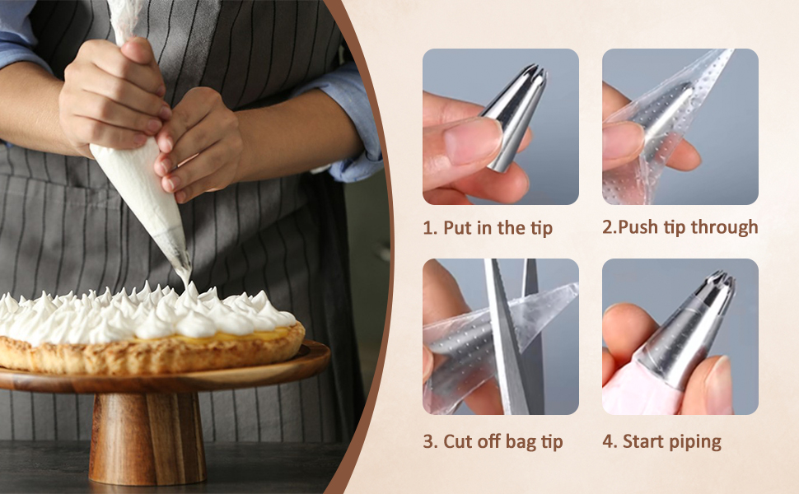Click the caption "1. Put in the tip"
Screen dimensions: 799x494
488,227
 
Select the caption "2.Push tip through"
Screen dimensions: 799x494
680,227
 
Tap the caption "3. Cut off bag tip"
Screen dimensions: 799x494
493,441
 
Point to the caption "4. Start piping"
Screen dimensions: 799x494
662,441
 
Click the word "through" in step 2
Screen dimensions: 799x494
726,227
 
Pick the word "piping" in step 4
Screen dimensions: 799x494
697,442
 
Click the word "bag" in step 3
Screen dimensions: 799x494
521,442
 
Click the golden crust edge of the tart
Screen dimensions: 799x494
153,353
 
